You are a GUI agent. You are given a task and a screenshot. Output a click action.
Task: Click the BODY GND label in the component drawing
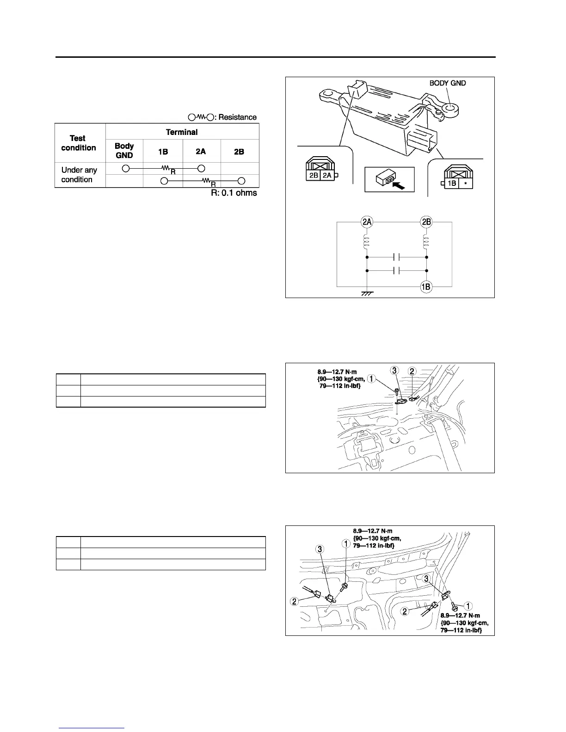(448, 83)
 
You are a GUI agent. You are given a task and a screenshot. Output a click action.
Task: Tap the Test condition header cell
(79, 143)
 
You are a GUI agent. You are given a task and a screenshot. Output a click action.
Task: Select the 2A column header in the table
(201, 151)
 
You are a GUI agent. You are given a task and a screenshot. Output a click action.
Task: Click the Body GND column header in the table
(124, 151)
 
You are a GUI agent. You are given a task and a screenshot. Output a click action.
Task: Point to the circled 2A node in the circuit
(367, 222)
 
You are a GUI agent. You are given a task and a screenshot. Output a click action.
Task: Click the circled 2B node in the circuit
(426, 222)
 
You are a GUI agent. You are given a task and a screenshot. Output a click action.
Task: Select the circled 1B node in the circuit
(426, 287)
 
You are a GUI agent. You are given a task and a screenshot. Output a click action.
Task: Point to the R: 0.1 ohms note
(234, 193)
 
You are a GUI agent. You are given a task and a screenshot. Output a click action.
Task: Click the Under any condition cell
(80, 175)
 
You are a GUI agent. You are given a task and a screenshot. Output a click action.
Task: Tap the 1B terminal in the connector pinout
(452, 183)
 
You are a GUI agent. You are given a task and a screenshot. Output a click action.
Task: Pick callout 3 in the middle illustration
(394, 371)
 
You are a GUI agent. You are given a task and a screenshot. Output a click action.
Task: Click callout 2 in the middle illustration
(412, 371)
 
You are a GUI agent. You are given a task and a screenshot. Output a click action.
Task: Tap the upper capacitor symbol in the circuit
(396, 256)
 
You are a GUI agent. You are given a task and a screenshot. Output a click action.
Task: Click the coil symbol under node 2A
(367, 241)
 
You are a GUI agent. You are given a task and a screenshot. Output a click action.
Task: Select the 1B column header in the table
(163, 151)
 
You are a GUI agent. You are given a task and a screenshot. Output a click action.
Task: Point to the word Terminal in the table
(182, 132)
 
